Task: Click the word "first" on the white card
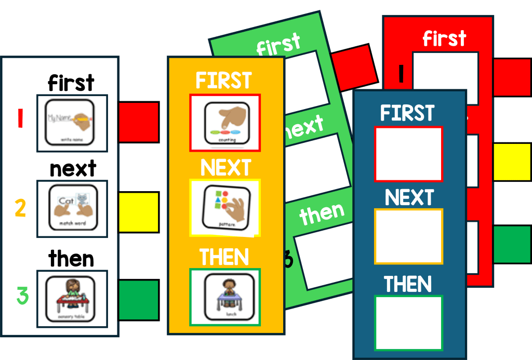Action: coord(71,83)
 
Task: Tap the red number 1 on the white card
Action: coord(20,118)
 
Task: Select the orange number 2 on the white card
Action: coord(20,208)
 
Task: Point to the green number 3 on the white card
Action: coord(22,296)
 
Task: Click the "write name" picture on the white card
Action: coord(72,123)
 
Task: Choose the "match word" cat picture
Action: coord(72,208)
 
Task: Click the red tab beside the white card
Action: coord(139,122)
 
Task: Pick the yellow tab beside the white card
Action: coord(139,212)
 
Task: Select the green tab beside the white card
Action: coord(139,300)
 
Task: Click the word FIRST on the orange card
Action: coord(223,81)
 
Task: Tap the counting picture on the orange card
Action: coord(224,123)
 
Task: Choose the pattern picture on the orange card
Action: coord(225,208)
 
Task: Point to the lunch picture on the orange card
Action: coord(224,297)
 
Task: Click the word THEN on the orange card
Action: coord(224,257)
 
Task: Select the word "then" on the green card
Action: coord(322,214)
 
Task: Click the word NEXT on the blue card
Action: coord(409,197)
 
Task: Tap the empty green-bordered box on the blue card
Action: coord(408,323)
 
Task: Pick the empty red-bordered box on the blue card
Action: coord(408,154)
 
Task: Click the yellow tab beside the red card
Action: coord(511,162)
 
